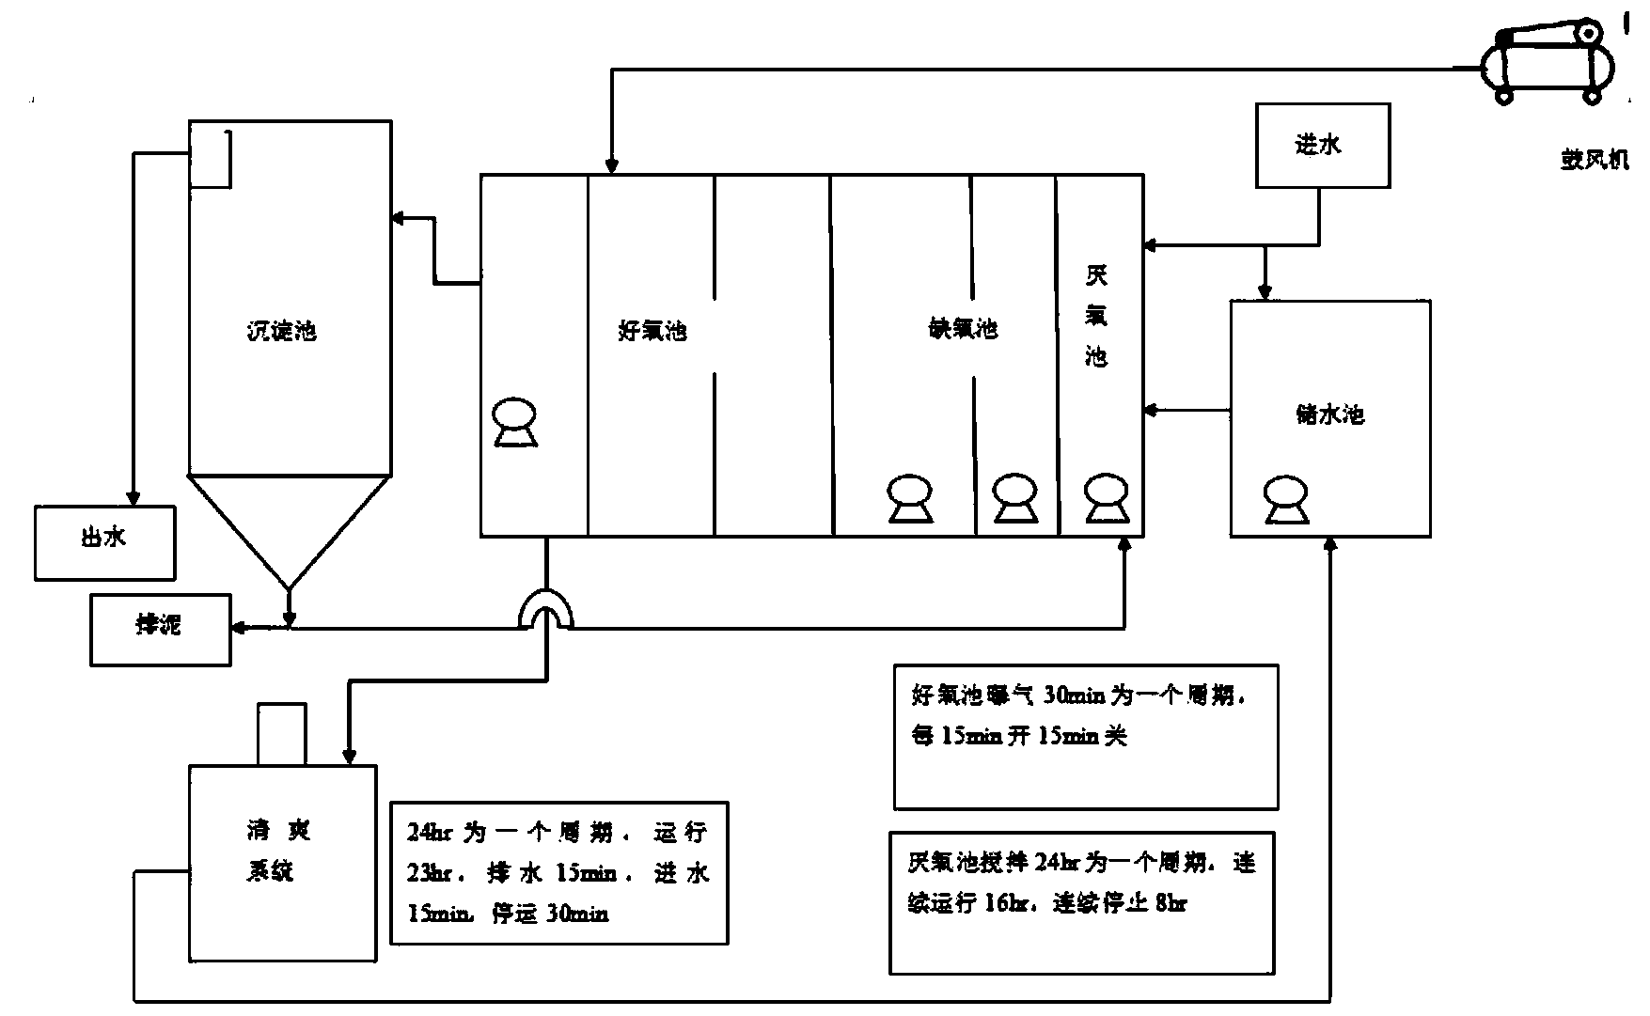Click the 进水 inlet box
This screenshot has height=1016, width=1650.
click(x=1323, y=146)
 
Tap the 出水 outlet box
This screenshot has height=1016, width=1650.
click(x=104, y=542)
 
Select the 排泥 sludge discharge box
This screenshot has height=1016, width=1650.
click(x=160, y=629)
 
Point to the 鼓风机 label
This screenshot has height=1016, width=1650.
click(x=1594, y=160)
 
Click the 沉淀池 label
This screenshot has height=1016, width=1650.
click(x=281, y=331)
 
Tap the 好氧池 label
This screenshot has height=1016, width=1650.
click(x=652, y=331)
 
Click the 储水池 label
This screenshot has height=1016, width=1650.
click(x=1329, y=414)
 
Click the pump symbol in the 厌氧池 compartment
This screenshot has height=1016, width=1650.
click(x=1106, y=497)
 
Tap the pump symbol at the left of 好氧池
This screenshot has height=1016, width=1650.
click(x=515, y=422)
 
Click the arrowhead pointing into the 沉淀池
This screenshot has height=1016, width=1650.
click(x=398, y=219)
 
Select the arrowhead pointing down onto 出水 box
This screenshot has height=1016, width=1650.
click(x=134, y=498)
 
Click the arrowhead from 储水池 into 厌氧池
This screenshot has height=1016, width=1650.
click(x=1150, y=410)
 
